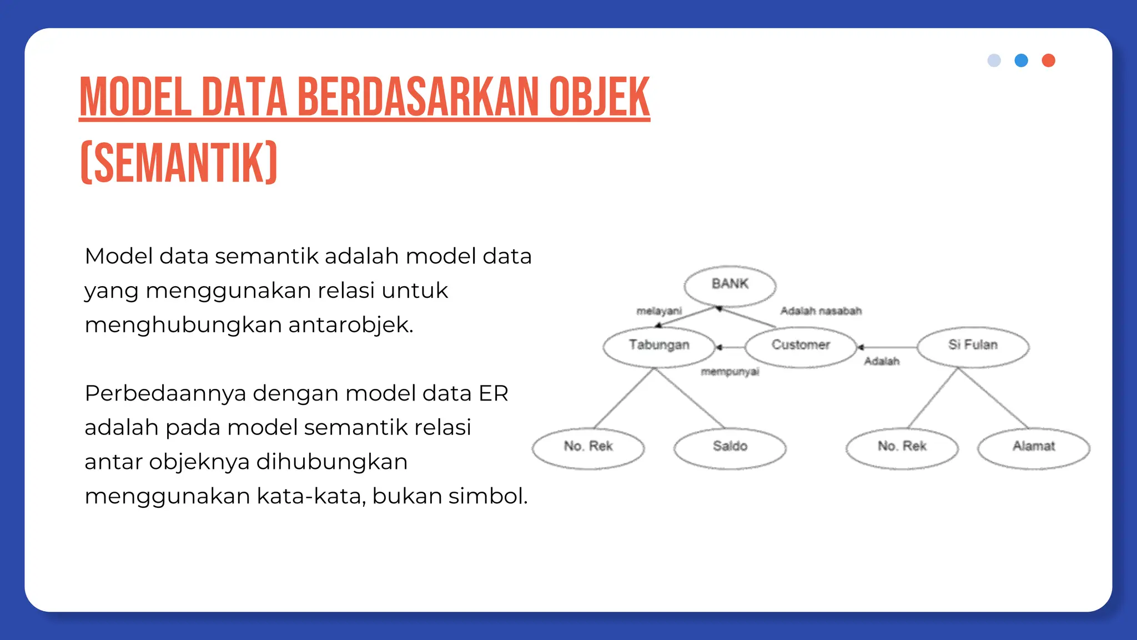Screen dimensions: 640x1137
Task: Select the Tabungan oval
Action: pos(659,346)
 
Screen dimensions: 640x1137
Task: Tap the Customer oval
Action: pos(801,346)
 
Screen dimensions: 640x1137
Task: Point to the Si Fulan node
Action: pos(973,346)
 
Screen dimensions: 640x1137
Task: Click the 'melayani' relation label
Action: pos(659,311)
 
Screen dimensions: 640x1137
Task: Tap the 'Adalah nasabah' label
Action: pos(821,311)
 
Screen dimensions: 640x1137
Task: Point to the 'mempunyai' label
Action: pos(730,372)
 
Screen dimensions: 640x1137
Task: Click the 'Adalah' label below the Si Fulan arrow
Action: pos(882,362)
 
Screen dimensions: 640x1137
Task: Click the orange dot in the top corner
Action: pos(1048,61)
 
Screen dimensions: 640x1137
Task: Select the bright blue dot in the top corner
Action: pos(1021,61)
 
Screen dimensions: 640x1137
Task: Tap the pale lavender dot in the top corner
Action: pos(994,61)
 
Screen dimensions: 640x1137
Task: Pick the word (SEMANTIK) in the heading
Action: pos(179,163)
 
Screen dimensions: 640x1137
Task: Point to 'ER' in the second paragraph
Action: pos(493,393)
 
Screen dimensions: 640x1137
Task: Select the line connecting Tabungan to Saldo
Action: pos(691,398)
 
